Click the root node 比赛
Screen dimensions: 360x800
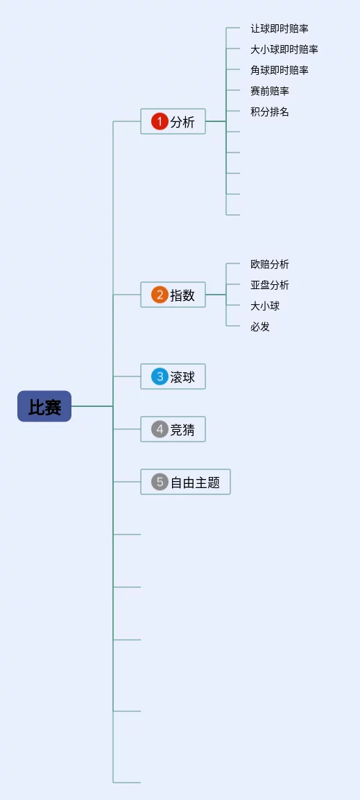44,406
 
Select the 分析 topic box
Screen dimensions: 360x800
173,121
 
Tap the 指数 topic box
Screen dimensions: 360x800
173,295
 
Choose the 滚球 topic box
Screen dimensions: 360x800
173,376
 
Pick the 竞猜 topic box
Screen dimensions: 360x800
173,429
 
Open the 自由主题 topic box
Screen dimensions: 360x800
185,482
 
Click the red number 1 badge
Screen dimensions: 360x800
160,121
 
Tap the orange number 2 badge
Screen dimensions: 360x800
160,295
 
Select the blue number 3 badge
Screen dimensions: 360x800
160,376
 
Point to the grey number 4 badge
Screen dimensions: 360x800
160,429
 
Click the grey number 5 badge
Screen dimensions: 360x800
160,482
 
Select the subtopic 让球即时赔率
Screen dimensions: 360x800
280,28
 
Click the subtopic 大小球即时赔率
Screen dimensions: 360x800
284,49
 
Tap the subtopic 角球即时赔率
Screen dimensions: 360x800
280,70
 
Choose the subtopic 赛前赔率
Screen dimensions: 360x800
270,91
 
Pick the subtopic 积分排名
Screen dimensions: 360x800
270,112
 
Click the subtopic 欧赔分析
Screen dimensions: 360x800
270,264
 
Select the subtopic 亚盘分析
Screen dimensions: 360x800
270,285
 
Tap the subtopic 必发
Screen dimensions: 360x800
260,327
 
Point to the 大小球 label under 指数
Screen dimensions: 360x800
265,306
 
